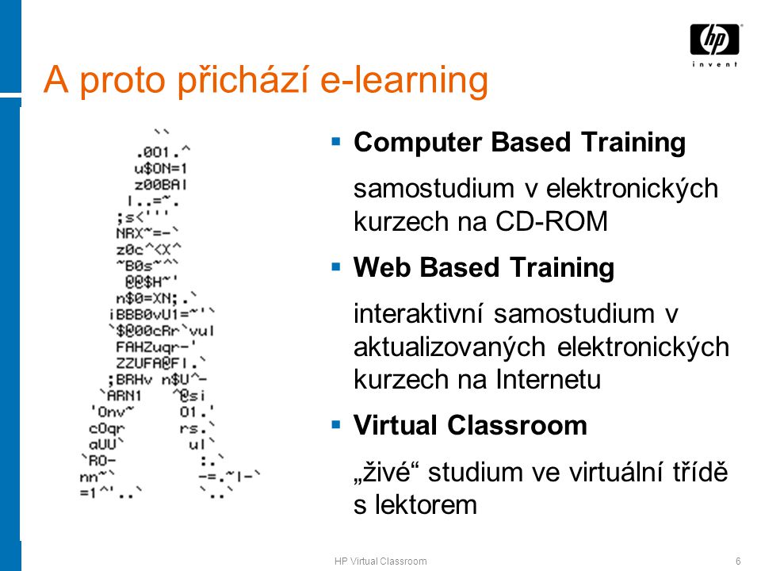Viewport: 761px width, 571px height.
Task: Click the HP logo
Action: click(x=714, y=40)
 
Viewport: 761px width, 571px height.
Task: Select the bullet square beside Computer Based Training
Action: click(x=336, y=141)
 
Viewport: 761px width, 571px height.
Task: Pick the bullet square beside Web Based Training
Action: click(x=336, y=266)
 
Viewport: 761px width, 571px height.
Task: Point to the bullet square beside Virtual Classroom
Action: click(x=336, y=424)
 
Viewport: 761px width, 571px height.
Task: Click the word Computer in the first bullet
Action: click(x=418, y=144)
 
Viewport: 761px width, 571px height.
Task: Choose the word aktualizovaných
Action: click(x=449, y=348)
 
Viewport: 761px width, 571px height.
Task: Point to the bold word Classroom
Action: click(x=517, y=425)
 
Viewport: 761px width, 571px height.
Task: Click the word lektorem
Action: click(x=426, y=504)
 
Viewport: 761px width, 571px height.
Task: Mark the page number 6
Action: click(x=738, y=561)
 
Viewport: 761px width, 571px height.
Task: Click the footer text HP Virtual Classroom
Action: click(x=380, y=561)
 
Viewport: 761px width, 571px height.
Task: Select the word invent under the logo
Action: click(x=714, y=64)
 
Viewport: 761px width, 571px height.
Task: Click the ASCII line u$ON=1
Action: click(x=161, y=168)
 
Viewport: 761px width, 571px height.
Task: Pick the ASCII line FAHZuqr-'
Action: click(x=156, y=347)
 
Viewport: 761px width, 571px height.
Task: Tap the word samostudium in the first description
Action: click(x=434, y=189)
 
